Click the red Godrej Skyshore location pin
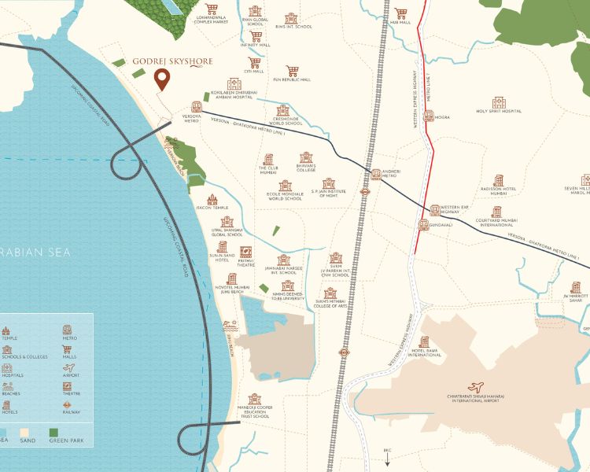pos(162,79)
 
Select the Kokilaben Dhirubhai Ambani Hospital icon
pos(234,84)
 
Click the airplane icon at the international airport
pos(474,386)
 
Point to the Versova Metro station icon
pos(196,107)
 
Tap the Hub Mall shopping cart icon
pos(401,13)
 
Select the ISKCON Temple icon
pos(212,201)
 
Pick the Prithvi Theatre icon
pos(246,253)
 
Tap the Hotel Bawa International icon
pos(424,342)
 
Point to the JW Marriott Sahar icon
pos(577,287)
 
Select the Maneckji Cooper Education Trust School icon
pos(254,400)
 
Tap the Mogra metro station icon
pos(428,116)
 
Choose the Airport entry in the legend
pos(70,376)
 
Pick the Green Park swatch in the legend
pos(54,433)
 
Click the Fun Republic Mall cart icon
pos(291,71)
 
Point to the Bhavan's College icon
pos(305,157)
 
